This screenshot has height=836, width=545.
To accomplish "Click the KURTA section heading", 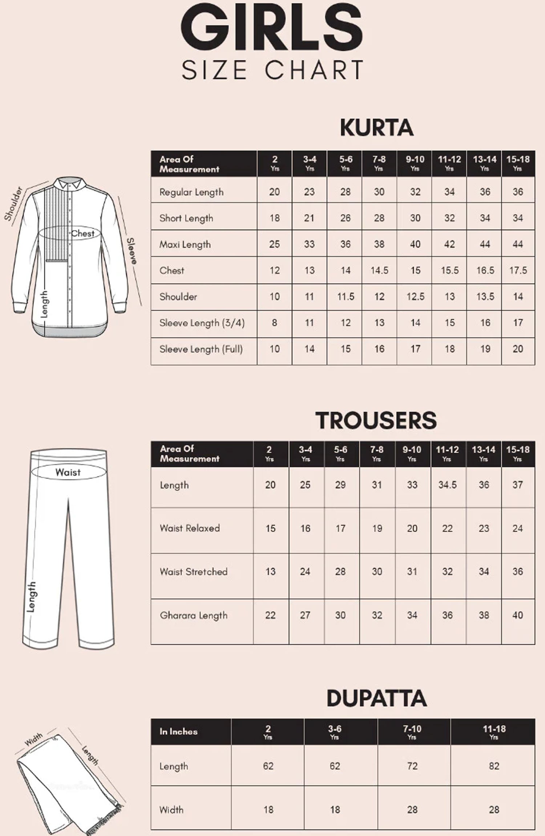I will (376, 128).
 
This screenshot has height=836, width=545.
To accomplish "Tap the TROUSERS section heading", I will (376, 420).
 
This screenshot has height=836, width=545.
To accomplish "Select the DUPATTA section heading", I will (376, 698).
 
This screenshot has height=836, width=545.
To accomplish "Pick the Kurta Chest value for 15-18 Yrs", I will (518, 270).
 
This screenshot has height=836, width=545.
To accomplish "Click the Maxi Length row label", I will (185, 244).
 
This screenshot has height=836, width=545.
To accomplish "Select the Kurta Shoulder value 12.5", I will (415, 297).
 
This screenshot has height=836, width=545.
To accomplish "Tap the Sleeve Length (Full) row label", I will (201, 349).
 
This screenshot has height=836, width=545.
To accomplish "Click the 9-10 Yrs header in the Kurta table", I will (415, 163).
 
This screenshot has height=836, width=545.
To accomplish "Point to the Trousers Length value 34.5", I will (447, 485).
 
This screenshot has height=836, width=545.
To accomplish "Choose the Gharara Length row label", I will (194, 615).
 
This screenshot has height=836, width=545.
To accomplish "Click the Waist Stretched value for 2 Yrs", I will (270, 572).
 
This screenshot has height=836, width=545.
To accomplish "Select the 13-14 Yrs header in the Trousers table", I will (484, 453).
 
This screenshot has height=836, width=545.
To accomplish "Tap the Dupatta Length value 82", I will (494, 766).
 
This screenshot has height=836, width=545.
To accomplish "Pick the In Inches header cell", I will (178, 732).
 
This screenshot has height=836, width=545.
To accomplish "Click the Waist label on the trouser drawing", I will (68, 472).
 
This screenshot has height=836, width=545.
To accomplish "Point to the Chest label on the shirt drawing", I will (83, 234).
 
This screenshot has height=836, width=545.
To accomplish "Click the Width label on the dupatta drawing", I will (34, 740).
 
